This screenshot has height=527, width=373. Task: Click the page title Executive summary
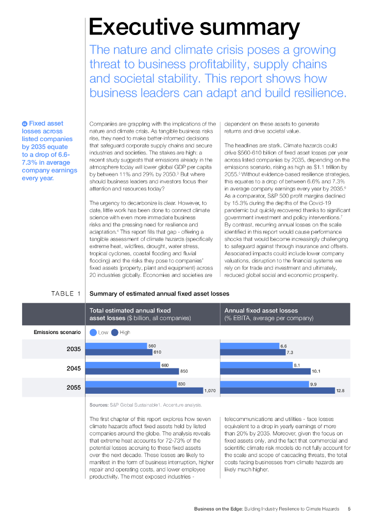pos(194,27)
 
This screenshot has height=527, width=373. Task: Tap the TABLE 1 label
pos(66,294)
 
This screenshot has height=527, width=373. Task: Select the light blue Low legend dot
pos(93,332)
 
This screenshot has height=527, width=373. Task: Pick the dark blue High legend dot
pos(115,332)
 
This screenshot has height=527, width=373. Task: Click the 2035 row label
pos(74,349)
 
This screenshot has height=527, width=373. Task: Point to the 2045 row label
pos(74,368)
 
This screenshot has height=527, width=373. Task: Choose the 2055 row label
pos(74,388)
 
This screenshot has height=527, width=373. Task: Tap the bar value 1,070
pos(210,391)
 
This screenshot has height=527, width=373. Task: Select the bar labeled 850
pos(134,371)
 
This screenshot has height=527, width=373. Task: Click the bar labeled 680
pos(125,365)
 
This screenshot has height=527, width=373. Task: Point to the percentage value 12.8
pos(340,391)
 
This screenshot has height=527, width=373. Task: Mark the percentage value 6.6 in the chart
pos(283,346)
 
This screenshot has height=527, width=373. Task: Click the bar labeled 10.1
pos(265,371)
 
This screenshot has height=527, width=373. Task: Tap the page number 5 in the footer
pos(349,509)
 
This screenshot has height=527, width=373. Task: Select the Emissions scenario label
pos(57,332)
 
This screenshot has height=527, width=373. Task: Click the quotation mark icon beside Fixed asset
pos(24,124)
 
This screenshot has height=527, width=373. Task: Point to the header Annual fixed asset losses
pos(261,311)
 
